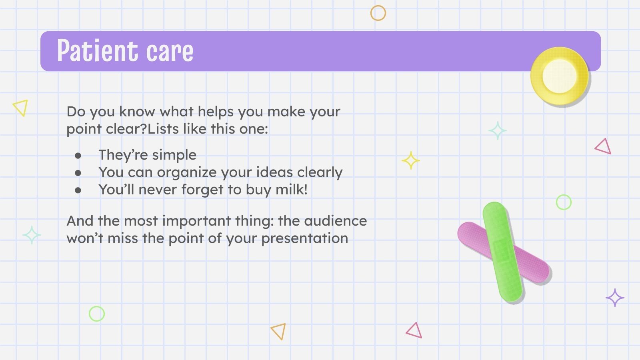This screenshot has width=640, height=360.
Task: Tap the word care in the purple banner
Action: (x=170, y=52)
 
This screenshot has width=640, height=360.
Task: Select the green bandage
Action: (x=502, y=252)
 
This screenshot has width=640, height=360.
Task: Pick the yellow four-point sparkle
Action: (x=410, y=160)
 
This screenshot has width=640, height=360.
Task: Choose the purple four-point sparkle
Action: (x=615, y=298)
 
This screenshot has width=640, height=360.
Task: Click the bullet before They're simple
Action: (x=78, y=156)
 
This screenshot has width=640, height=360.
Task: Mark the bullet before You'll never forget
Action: (x=78, y=190)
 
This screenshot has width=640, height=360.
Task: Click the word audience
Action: (x=336, y=220)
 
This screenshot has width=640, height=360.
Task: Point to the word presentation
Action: (x=304, y=239)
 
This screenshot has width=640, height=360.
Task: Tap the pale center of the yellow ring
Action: (x=560, y=76)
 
